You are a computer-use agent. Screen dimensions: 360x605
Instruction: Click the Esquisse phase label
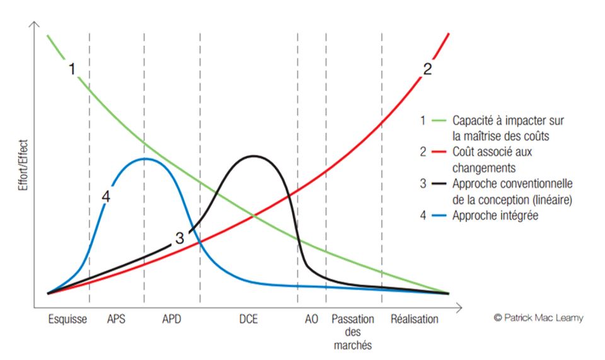(x=67, y=319)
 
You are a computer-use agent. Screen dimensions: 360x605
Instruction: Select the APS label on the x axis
(x=117, y=319)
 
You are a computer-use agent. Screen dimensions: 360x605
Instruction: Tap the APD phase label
(x=171, y=319)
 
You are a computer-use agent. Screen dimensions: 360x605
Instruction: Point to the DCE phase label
(x=249, y=319)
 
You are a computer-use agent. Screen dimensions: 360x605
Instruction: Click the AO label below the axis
(x=311, y=319)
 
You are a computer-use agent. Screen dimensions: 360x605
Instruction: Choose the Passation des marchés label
(x=352, y=332)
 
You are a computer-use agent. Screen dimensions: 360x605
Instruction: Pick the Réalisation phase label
(x=414, y=319)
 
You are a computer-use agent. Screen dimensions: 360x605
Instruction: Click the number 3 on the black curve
(x=180, y=238)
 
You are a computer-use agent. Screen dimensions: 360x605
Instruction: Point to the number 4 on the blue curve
(x=106, y=197)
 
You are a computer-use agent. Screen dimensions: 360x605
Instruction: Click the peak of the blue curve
(x=144, y=158)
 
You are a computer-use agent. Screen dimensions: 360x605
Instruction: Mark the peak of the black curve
(x=253, y=156)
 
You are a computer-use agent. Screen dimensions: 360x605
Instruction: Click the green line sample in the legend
(x=439, y=119)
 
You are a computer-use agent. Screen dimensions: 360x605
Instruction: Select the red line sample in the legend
(x=439, y=152)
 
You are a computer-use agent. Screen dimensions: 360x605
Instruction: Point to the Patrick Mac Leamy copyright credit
(x=538, y=318)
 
